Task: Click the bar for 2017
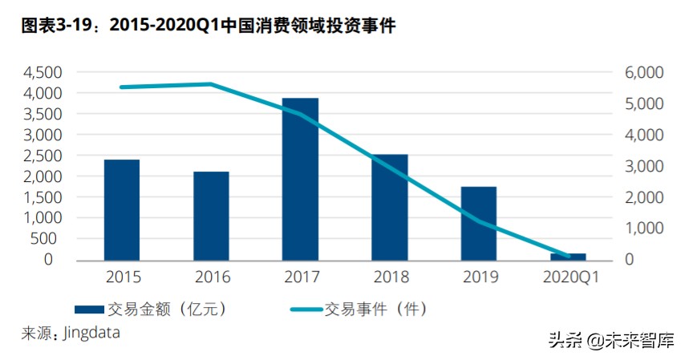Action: pyautogui.click(x=300, y=180)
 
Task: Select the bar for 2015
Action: pyautogui.click(x=122, y=210)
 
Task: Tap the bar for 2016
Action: pyautogui.click(x=211, y=216)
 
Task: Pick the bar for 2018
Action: pyautogui.click(x=390, y=208)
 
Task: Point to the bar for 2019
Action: pyautogui.click(x=479, y=224)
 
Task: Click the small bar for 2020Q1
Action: pyautogui.click(x=568, y=257)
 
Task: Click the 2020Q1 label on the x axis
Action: pyautogui.click(x=568, y=277)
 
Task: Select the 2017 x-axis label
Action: pyautogui.click(x=300, y=277)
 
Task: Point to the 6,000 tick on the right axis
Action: pyautogui.click(x=643, y=72)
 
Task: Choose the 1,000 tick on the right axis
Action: pyautogui.click(x=643, y=229)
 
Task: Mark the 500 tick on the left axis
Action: pyautogui.click(x=48, y=239)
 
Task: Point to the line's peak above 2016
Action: pyautogui.click(x=211, y=83)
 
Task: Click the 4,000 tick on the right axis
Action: pyautogui.click(x=643, y=135)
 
